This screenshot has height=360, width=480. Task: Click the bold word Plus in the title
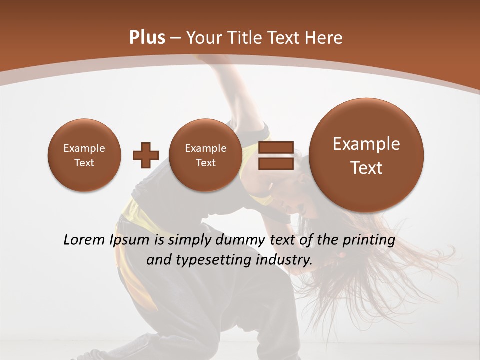147,38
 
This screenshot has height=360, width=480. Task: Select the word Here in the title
325,38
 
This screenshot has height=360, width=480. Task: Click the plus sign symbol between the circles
145,155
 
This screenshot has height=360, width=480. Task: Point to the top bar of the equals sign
276,147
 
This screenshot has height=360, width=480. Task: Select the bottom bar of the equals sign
276,164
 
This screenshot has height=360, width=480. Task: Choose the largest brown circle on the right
366,155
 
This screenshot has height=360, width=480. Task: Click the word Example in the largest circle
366,144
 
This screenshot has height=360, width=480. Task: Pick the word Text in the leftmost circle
84,163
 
